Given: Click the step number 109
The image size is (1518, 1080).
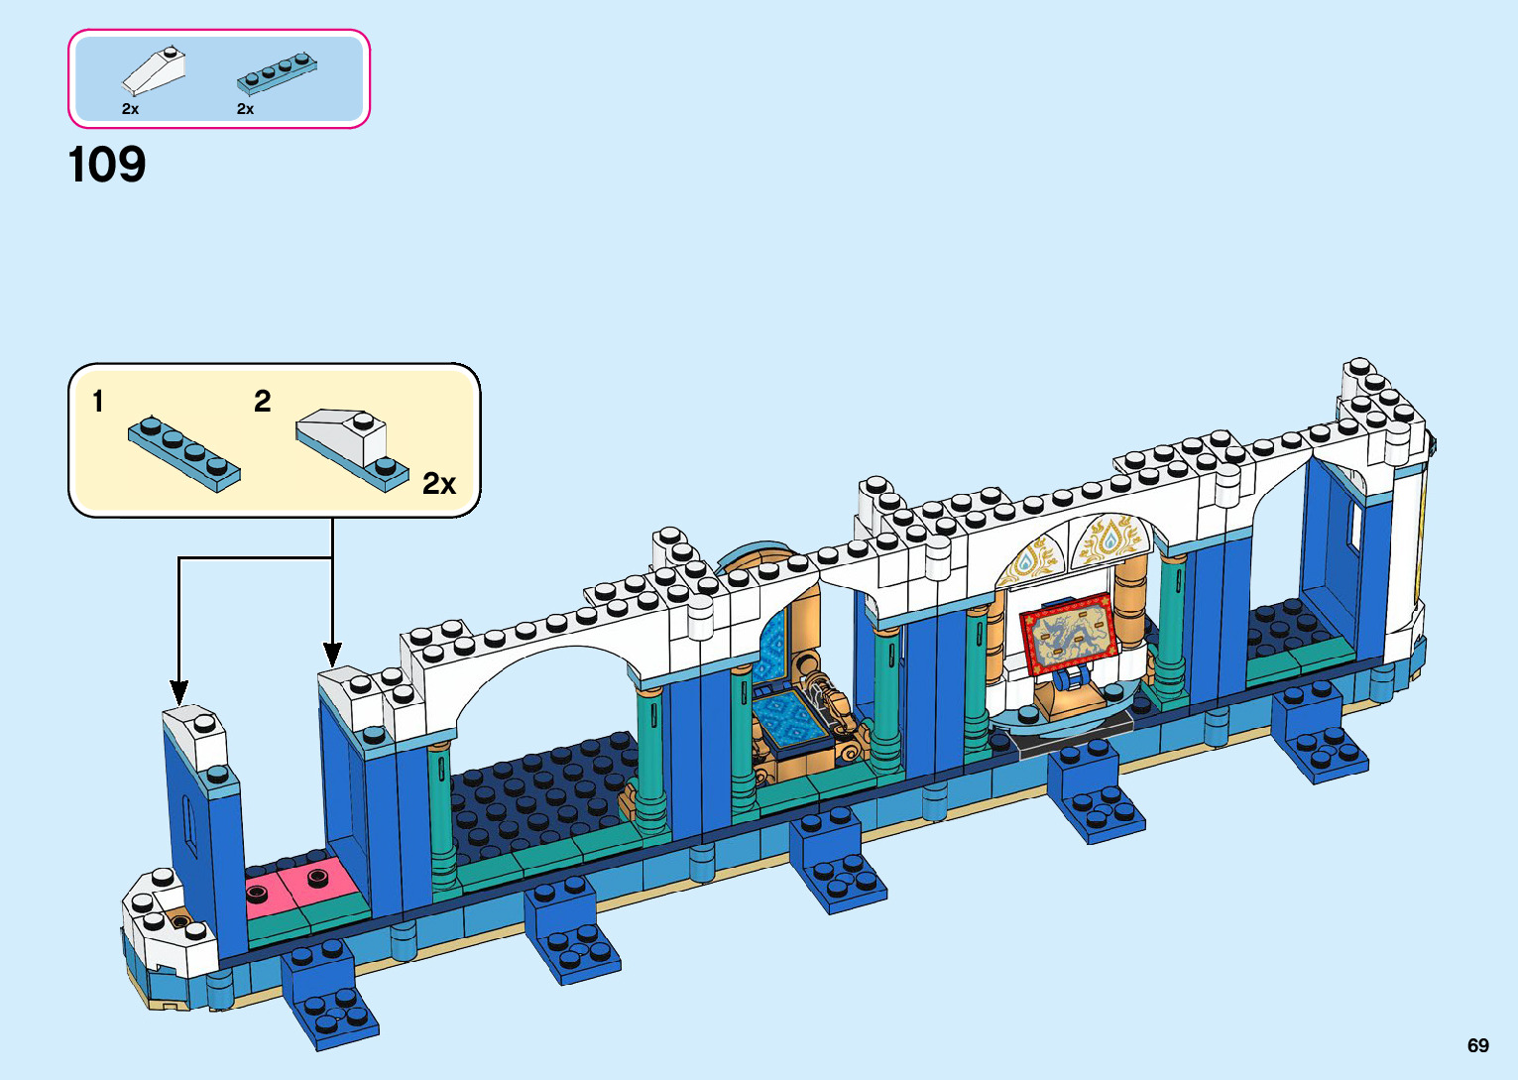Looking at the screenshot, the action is pos(107,165).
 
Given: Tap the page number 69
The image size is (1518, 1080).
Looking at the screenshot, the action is pos(1477,1045).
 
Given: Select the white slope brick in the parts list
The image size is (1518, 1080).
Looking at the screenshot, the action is pos(155,71).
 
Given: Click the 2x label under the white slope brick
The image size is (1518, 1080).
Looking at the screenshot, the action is pos(130,109).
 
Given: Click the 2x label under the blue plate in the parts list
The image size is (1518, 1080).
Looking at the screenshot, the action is pos(245,109).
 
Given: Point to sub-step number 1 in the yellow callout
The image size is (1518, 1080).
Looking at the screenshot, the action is pos(97,402).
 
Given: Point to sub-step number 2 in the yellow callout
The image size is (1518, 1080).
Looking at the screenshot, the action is pos(262,401).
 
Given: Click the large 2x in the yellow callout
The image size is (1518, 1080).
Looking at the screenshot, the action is pos(439,484).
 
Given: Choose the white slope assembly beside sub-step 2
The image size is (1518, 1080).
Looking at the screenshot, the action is pos(352,447).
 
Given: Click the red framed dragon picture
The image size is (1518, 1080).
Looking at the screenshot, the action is pos(1068,633).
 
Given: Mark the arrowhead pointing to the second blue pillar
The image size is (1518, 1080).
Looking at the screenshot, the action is pos(332,655).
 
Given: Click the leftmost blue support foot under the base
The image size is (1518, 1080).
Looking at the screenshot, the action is pos(330,997).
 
